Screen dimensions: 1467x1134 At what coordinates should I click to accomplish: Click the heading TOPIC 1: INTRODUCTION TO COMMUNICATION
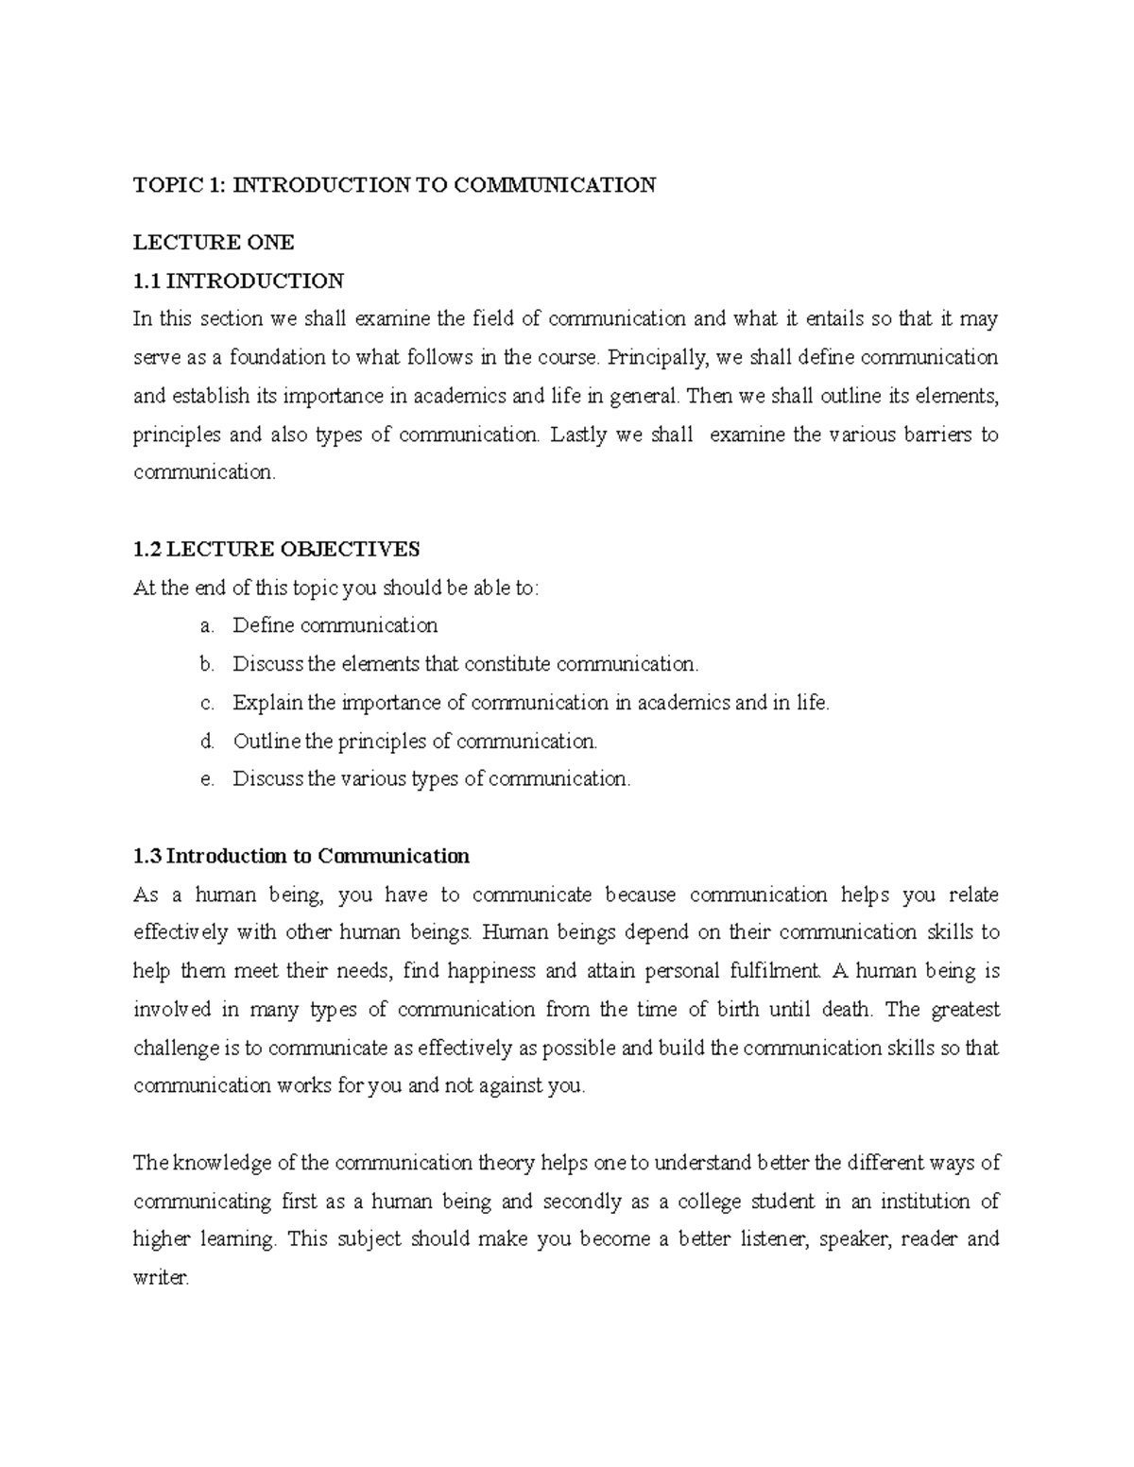point(394,184)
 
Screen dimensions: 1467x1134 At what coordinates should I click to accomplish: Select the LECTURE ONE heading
point(214,243)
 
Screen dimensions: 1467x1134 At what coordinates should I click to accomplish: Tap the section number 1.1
point(147,281)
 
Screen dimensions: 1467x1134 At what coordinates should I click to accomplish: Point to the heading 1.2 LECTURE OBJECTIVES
point(277,549)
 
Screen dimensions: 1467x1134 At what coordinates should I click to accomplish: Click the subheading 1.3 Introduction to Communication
point(301,856)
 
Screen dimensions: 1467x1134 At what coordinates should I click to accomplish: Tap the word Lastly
point(578,435)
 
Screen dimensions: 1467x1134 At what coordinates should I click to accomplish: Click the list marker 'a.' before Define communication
point(207,625)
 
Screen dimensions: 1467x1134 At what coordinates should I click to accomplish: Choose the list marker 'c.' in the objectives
point(207,703)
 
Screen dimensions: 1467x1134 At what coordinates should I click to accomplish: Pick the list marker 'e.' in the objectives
point(207,779)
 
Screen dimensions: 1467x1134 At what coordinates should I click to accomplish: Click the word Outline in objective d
point(268,741)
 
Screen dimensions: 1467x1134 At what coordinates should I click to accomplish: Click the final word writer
point(161,1278)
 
